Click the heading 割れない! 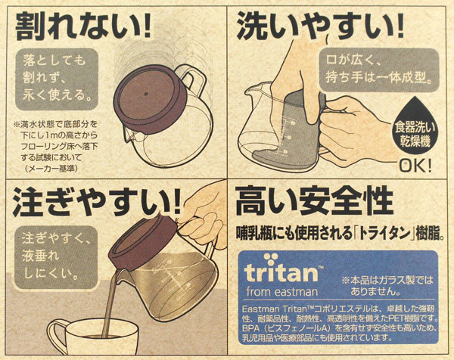click(x=83, y=26)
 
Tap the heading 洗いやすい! click(x=321, y=26)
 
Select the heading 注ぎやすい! click(x=96, y=202)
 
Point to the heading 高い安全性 click(x=314, y=200)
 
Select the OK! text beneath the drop click(x=415, y=166)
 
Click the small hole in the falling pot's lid click(x=146, y=94)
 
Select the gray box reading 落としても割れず click(x=57, y=79)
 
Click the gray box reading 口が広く click(x=379, y=70)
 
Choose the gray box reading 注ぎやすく click(x=55, y=257)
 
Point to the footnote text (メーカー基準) click(x=51, y=169)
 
